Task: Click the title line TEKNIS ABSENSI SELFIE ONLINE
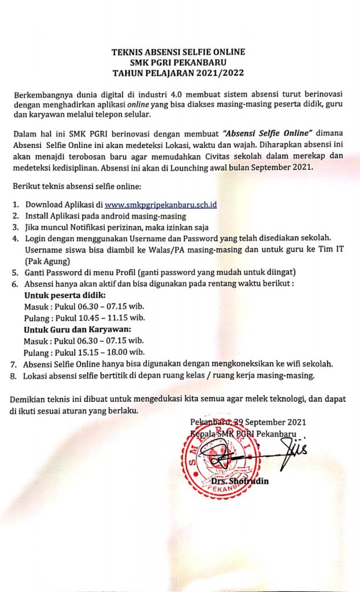click(x=178, y=52)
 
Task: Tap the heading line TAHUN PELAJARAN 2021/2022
click(x=178, y=73)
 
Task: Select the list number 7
click(x=13, y=364)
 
